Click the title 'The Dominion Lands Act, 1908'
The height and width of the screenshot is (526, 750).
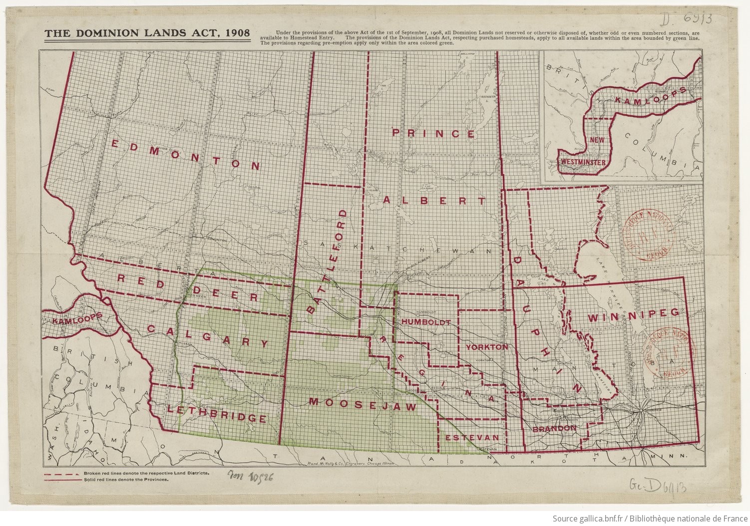(x=147, y=33)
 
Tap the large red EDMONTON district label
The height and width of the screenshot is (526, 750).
(x=185, y=155)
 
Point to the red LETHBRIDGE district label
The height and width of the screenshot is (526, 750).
(x=216, y=414)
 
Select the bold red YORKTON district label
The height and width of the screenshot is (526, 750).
(x=486, y=346)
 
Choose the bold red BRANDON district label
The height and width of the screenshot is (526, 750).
(x=554, y=428)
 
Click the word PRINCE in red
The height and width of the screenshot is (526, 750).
(x=433, y=133)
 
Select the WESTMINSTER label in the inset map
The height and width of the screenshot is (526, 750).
(x=583, y=163)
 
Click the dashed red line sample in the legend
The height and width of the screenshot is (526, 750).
(x=61, y=473)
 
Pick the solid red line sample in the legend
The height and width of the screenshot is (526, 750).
(x=61, y=479)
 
